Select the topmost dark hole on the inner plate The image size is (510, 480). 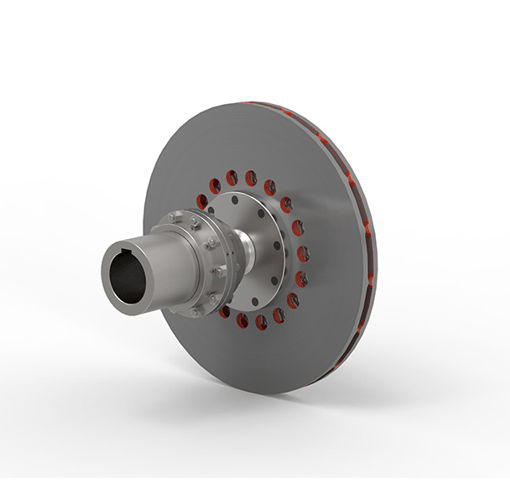237,201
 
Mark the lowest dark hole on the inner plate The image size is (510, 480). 256,299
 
